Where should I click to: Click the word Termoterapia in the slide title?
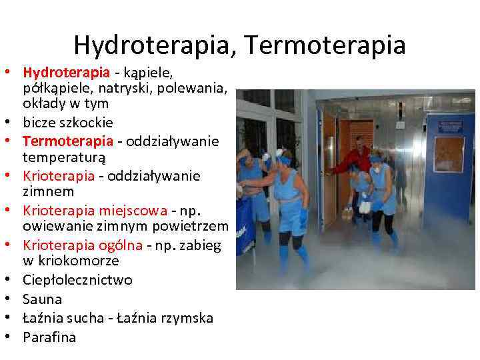point(325,45)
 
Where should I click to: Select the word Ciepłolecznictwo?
point(77,280)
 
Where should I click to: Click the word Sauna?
point(42,299)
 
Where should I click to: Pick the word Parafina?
point(49,337)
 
